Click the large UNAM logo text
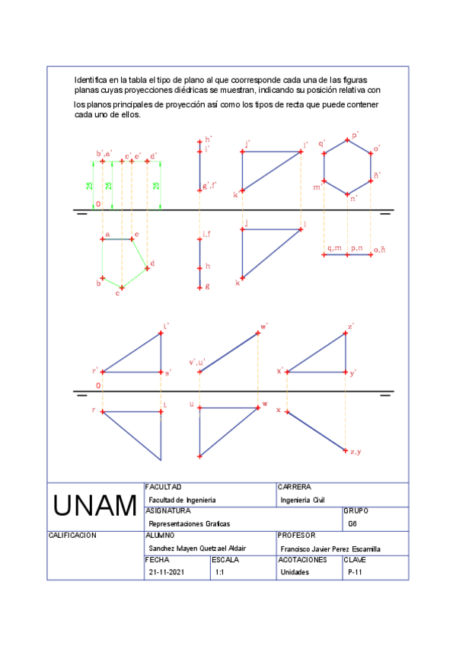(x=95, y=506)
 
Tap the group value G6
(x=352, y=524)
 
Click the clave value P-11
(x=354, y=572)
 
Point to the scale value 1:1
(x=220, y=572)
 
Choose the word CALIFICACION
(x=72, y=536)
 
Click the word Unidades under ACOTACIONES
(x=295, y=572)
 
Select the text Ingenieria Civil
(x=302, y=500)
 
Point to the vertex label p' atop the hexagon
(x=355, y=134)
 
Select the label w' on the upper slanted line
(x=264, y=326)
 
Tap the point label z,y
(x=355, y=452)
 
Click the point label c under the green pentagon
(x=117, y=293)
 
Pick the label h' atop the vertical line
(x=208, y=139)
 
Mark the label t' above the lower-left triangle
(x=166, y=326)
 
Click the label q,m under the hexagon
(x=334, y=248)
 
